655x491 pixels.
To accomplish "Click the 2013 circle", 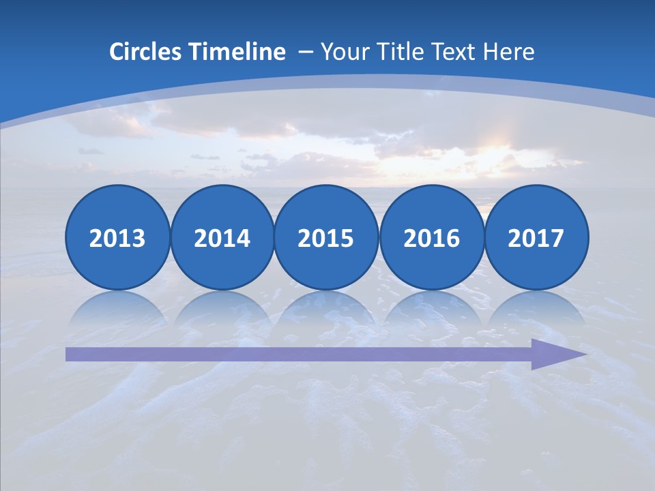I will coord(117,237).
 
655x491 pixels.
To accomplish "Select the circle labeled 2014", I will coord(222,237).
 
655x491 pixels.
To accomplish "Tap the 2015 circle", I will coord(326,237).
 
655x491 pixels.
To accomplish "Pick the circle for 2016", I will coord(431,237).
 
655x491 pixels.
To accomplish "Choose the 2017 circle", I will coord(536,237).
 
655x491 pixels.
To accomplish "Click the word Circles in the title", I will coord(145,52).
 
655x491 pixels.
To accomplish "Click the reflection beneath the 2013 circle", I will coord(117,307).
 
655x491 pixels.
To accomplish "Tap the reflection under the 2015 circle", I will coord(326,307).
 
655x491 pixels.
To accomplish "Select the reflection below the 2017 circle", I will coord(536,307).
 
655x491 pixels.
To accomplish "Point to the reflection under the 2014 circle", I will coord(222,307).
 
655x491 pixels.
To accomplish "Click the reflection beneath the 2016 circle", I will coord(431,307).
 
